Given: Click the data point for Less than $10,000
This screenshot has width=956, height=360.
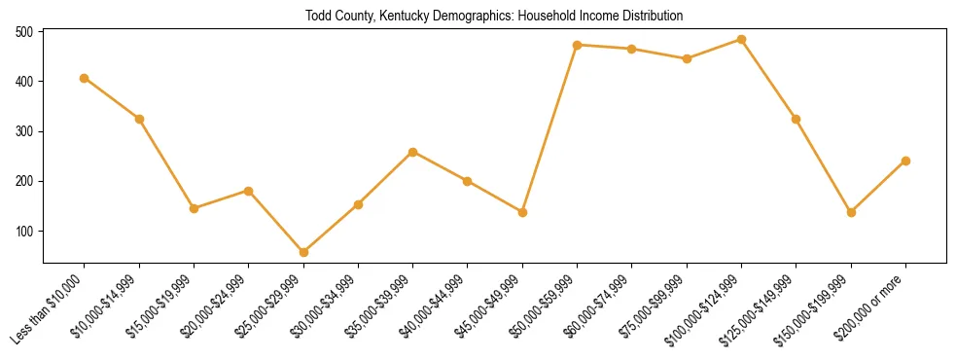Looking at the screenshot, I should click(x=85, y=78).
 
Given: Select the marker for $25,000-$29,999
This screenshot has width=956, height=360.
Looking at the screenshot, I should click(x=303, y=252).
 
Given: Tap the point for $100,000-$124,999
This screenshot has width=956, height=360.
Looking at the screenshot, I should click(x=742, y=40).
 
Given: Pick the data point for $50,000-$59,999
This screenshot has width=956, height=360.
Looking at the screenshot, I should click(x=578, y=45).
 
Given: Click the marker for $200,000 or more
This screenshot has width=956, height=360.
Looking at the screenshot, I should click(x=906, y=161).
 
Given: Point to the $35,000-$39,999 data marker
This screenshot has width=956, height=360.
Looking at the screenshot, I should click(x=413, y=152).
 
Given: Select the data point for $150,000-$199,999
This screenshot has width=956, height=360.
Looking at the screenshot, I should click(x=852, y=212).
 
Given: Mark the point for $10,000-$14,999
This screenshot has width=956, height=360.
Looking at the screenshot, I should click(x=139, y=119).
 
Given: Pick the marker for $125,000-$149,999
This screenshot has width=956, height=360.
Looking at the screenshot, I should click(x=797, y=119).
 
